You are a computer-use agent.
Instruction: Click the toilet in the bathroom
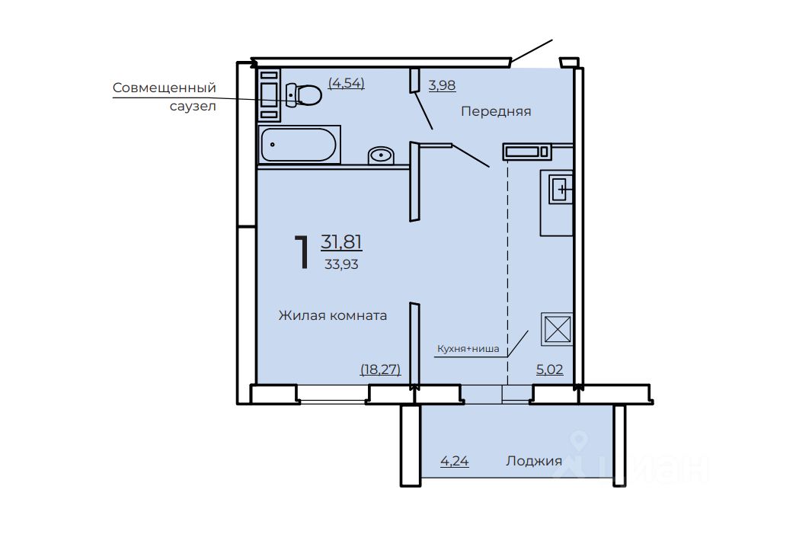coord(304,94)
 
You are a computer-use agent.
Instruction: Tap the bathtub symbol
coord(299,145)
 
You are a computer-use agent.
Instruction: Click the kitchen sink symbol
coord(561,190)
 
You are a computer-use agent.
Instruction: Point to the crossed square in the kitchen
coord(557,329)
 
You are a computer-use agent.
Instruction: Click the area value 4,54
coord(347,83)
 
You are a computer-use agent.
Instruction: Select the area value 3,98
coord(442,85)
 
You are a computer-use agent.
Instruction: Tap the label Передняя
coord(496,111)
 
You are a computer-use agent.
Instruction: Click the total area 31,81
coord(341,241)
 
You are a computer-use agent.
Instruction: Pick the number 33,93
coord(341,264)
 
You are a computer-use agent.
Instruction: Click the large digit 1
coord(302,252)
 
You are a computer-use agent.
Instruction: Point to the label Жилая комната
coord(333,315)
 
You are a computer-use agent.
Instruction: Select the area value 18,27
coord(380,369)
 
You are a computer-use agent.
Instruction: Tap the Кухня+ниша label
coord(468,349)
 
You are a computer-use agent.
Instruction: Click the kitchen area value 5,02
coord(550,369)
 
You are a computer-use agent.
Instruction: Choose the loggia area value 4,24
coord(454,461)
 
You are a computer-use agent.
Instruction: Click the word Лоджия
coord(534,461)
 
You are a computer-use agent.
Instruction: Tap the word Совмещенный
coord(165,88)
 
